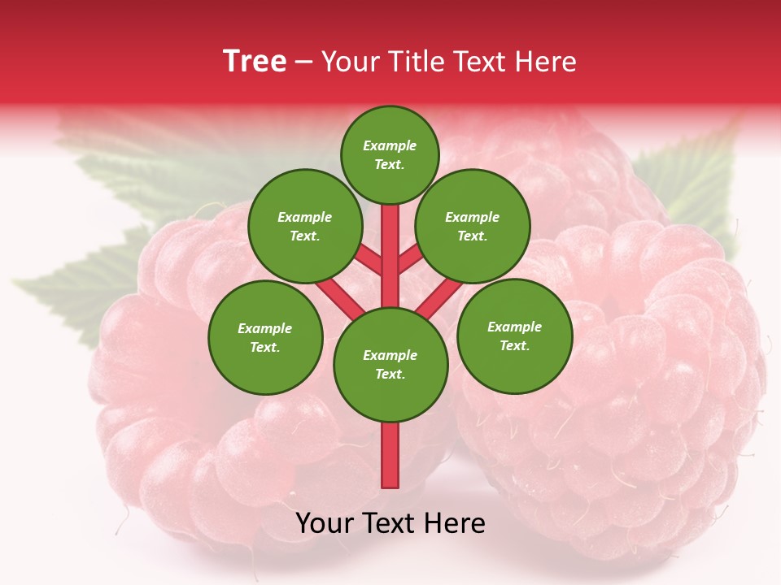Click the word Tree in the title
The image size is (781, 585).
click(255, 62)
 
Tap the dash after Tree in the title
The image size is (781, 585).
click(303, 63)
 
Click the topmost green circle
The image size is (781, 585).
click(390, 154)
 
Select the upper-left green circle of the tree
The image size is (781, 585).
click(305, 226)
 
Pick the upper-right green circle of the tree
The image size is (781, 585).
click(473, 226)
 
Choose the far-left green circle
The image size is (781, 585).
click(265, 337)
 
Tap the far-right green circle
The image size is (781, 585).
click(514, 336)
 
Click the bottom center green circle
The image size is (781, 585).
click(390, 365)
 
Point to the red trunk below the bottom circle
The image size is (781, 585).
click(390, 455)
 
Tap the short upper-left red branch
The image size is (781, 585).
click(370, 261)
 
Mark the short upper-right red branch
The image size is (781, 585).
click(410, 261)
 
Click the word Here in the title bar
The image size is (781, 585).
click(546, 62)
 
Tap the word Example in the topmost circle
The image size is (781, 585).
click(390, 145)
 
